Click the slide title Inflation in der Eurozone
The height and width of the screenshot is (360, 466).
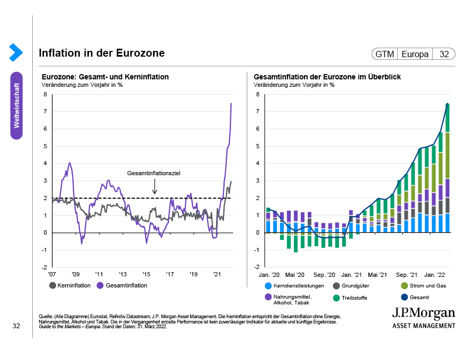click(102, 53)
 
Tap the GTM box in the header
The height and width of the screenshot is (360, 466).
click(384, 54)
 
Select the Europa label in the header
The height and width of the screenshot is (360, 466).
click(415, 54)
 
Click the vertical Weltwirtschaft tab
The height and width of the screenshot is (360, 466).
click(17, 105)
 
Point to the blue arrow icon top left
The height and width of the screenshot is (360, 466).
click(16, 52)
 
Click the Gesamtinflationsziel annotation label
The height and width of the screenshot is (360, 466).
click(154, 173)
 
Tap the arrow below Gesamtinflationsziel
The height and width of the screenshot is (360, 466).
click(154, 187)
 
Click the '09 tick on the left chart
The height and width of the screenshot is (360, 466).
click(76, 275)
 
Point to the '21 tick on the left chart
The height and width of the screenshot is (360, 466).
click(217, 275)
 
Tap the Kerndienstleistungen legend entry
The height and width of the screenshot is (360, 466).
click(294, 285)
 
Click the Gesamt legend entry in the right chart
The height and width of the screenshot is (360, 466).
click(418, 298)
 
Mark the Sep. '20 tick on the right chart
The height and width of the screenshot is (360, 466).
click(324, 275)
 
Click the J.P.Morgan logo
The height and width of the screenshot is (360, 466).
click(423, 316)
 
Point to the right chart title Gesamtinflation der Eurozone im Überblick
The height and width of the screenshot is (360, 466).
click(327, 77)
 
